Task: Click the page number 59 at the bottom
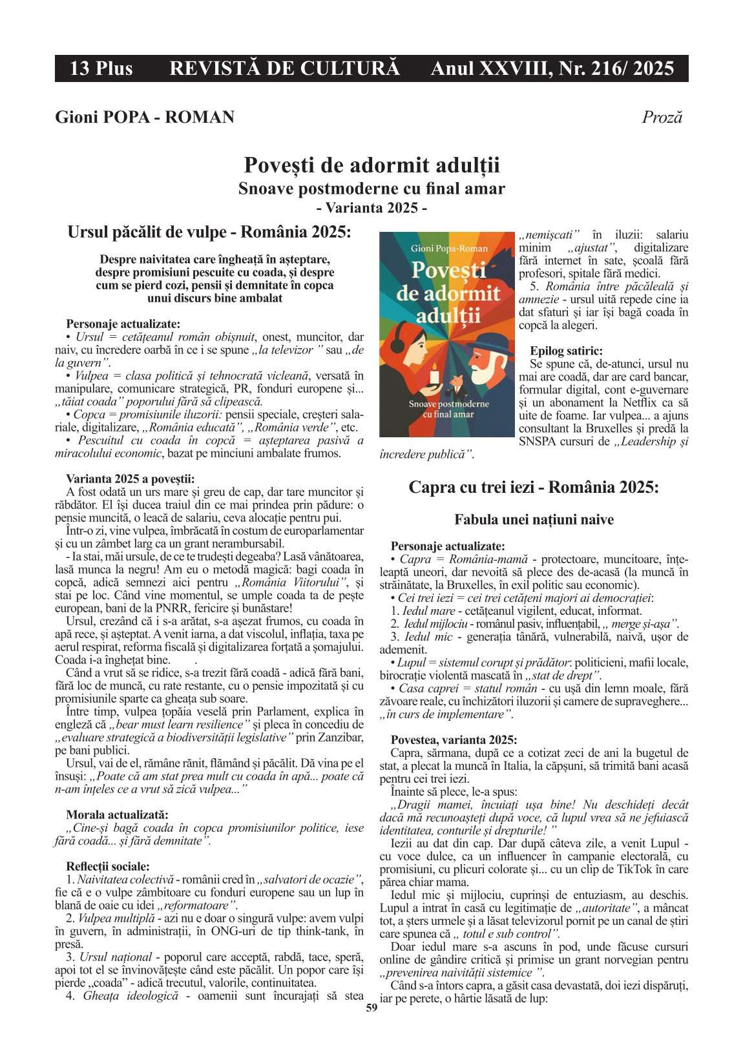point(371,1008)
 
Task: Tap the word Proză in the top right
point(662,117)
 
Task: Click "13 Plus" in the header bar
point(101,68)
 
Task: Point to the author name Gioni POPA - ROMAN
point(145,117)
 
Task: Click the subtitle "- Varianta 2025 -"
point(371,208)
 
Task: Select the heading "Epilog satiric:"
point(566,351)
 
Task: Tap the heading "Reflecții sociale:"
point(108,866)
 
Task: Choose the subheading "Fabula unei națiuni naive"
point(534,520)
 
